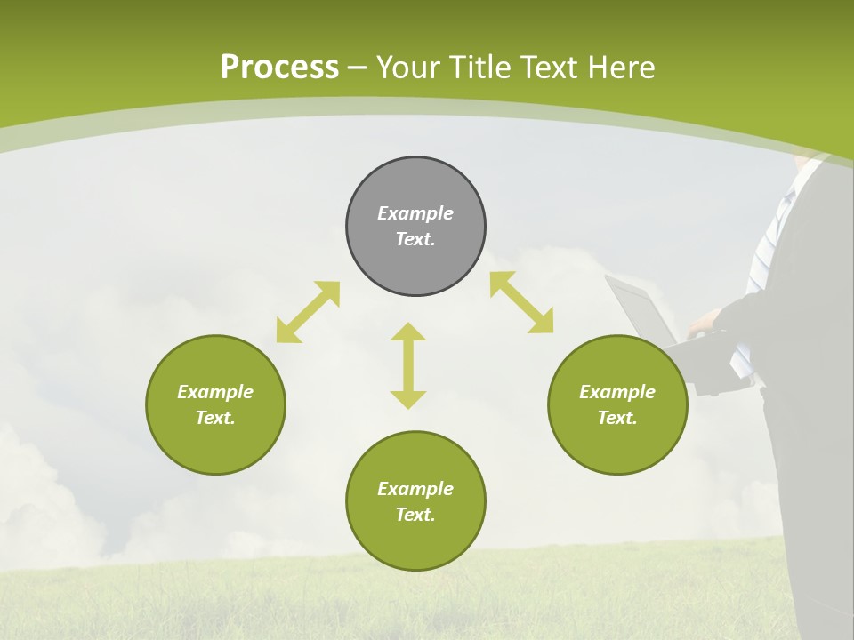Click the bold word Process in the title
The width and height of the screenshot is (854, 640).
pos(279,68)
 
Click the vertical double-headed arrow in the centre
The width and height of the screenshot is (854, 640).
pos(408,365)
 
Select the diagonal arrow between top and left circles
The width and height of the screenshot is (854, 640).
pos(308,312)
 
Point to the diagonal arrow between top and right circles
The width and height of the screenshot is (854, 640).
pos(521,302)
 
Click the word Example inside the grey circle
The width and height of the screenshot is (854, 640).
pos(415,213)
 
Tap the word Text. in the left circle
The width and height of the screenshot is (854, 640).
pos(215,418)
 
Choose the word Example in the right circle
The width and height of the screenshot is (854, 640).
pos(617,392)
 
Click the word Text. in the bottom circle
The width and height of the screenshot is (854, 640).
pos(415,515)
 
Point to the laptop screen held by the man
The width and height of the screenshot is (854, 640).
pos(640,312)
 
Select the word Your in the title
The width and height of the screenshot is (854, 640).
pos(407,68)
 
